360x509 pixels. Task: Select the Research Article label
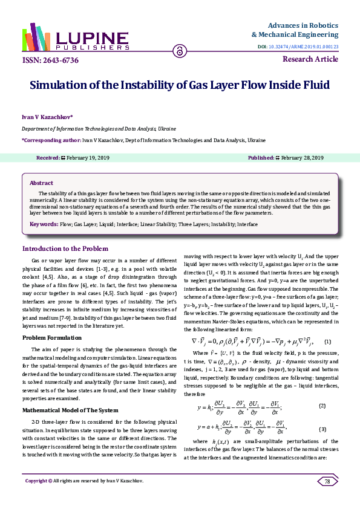pyautogui.click(x=310, y=59)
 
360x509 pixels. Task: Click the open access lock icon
pyautogui.click(x=179, y=52)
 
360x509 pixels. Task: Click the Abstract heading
pyautogui.click(x=41, y=183)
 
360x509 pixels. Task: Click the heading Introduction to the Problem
pyautogui.click(x=65, y=248)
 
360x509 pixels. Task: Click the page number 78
pyautogui.click(x=327, y=499)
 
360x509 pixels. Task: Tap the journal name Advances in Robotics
pyautogui.click(x=303, y=26)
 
